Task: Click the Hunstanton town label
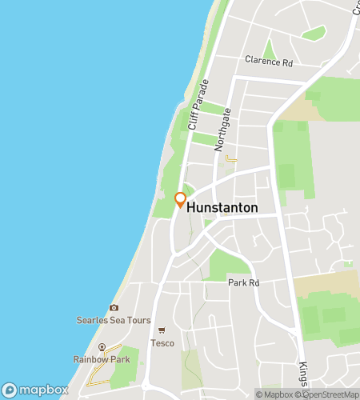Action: [x=222, y=207]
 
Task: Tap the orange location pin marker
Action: [x=180, y=199]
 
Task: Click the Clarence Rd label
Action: [x=269, y=61]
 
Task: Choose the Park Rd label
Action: [x=244, y=283]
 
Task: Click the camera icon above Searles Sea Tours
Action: [x=114, y=308]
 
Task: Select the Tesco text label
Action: [x=162, y=342]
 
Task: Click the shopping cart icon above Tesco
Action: [x=162, y=330]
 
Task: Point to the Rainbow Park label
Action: [x=102, y=359]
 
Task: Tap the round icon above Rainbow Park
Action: [x=102, y=347]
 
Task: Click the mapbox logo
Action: [x=35, y=390]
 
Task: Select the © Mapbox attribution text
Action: [x=275, y=394]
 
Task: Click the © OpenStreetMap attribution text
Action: [x=327, y=394]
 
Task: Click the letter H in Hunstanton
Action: [x=191, y=207]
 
